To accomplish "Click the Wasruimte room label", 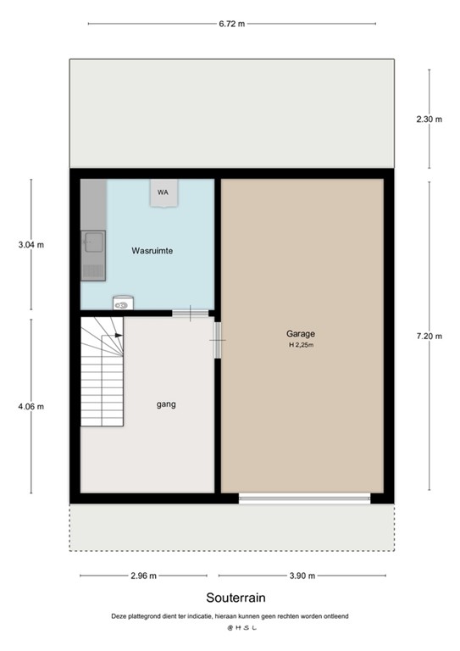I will [x=152, y=251].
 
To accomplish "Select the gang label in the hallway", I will [x=166, y=404].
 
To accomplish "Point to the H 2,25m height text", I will [x=301, y=345].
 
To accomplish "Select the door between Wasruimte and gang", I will [x=190, y=313].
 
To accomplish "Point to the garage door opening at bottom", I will [x=304, y=498].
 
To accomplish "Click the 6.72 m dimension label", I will [x=231, y=24].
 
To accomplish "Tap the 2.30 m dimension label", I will [x=430, y=120].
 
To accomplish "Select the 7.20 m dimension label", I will [x=430, y=337].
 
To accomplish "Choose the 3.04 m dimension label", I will [x=30, y=246].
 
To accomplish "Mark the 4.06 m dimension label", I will [x=30, y=406].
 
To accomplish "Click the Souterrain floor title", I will [x=230, y=598].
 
